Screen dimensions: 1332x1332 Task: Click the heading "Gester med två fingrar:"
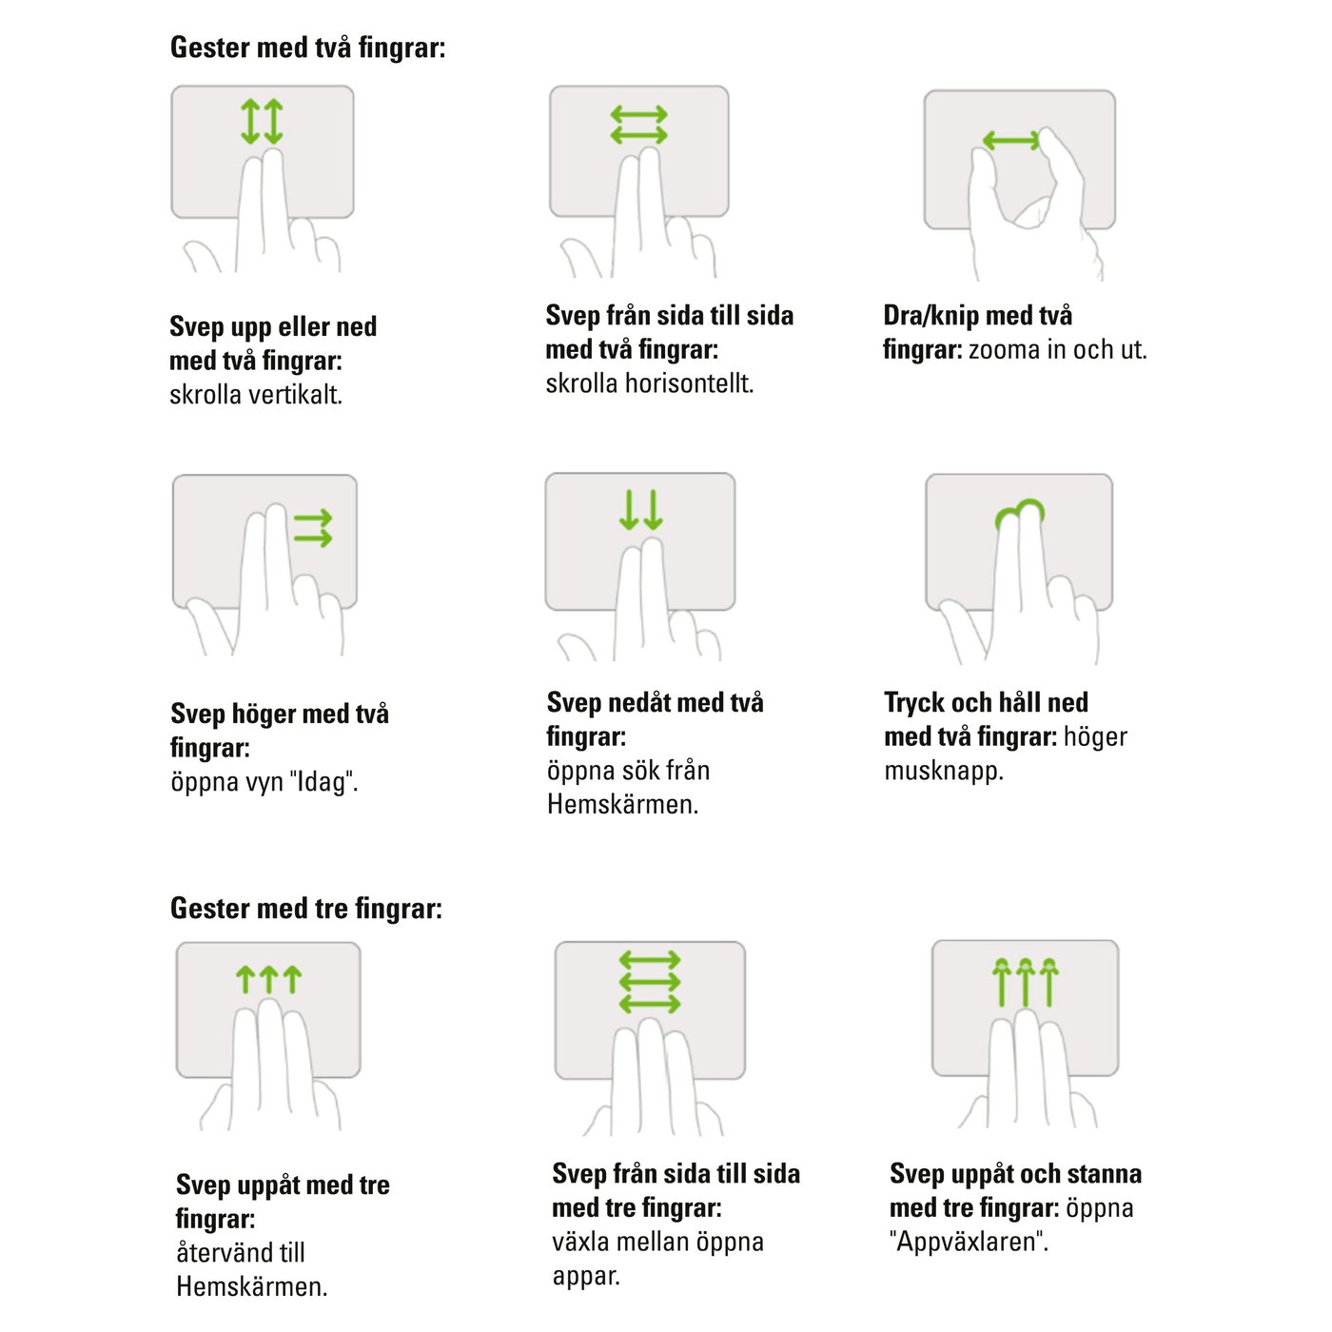(307, 49)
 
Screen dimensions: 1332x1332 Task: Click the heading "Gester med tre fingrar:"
(306, 909)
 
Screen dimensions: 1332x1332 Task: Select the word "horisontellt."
(689, 382)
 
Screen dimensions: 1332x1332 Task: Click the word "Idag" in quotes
(322, 782)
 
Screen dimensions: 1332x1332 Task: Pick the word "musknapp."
(944, 771)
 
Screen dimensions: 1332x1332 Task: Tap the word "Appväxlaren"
(970, 1242)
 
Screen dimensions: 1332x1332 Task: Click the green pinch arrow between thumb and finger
(1010, 141)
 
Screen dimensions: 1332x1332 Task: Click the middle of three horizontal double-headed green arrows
(650, 982)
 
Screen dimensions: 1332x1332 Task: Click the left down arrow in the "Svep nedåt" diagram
(628, 509)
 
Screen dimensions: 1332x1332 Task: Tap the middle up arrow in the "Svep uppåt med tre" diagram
(269, 980)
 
